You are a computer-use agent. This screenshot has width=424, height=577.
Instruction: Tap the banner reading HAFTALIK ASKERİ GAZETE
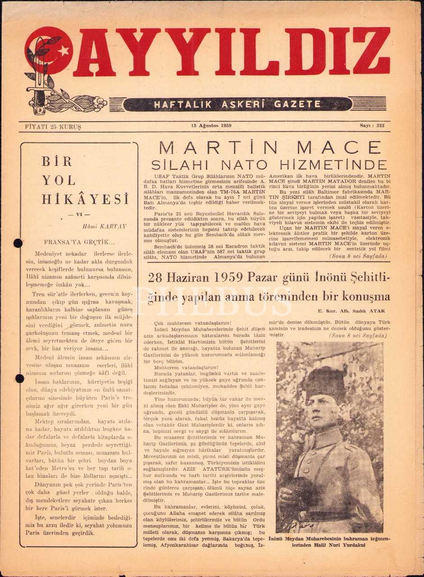coord(237,104)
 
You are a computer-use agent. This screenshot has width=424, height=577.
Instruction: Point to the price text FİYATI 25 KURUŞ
coord(50,127)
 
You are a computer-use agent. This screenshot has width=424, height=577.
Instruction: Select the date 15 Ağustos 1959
coord(211,126)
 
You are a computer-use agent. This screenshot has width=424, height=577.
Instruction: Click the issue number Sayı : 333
coord(372,126)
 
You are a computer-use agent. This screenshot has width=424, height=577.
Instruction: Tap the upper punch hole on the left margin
coord(18,243)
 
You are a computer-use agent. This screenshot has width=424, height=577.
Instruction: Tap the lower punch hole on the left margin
coord(19,378)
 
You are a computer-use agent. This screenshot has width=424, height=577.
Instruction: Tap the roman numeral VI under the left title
coord(78,215)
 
